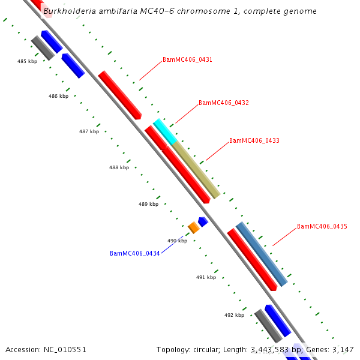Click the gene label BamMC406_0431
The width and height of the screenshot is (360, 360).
(187, 60)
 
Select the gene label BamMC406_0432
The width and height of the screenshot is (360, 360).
(223, 103)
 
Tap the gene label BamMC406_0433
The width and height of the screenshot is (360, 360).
(254, 141)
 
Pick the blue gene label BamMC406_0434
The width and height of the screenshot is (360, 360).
(134, 254)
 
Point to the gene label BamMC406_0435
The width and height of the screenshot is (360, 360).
(322, 227)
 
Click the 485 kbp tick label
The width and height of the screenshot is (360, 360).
(27, 62)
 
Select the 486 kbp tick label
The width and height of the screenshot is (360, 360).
(58, 96)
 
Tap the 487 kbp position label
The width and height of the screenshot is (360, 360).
(89, 131)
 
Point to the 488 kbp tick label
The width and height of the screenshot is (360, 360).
(119, 168)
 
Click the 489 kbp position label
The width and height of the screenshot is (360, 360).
(148, 205)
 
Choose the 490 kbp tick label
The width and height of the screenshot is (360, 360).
(177, 241)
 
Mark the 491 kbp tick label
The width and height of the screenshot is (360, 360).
(206, 278)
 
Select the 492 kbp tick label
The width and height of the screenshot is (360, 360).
(234, 315)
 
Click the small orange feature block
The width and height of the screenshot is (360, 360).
(193, 227)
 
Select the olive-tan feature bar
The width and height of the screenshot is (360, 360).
(196, 170)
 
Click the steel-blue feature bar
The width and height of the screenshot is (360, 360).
(262, 253)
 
